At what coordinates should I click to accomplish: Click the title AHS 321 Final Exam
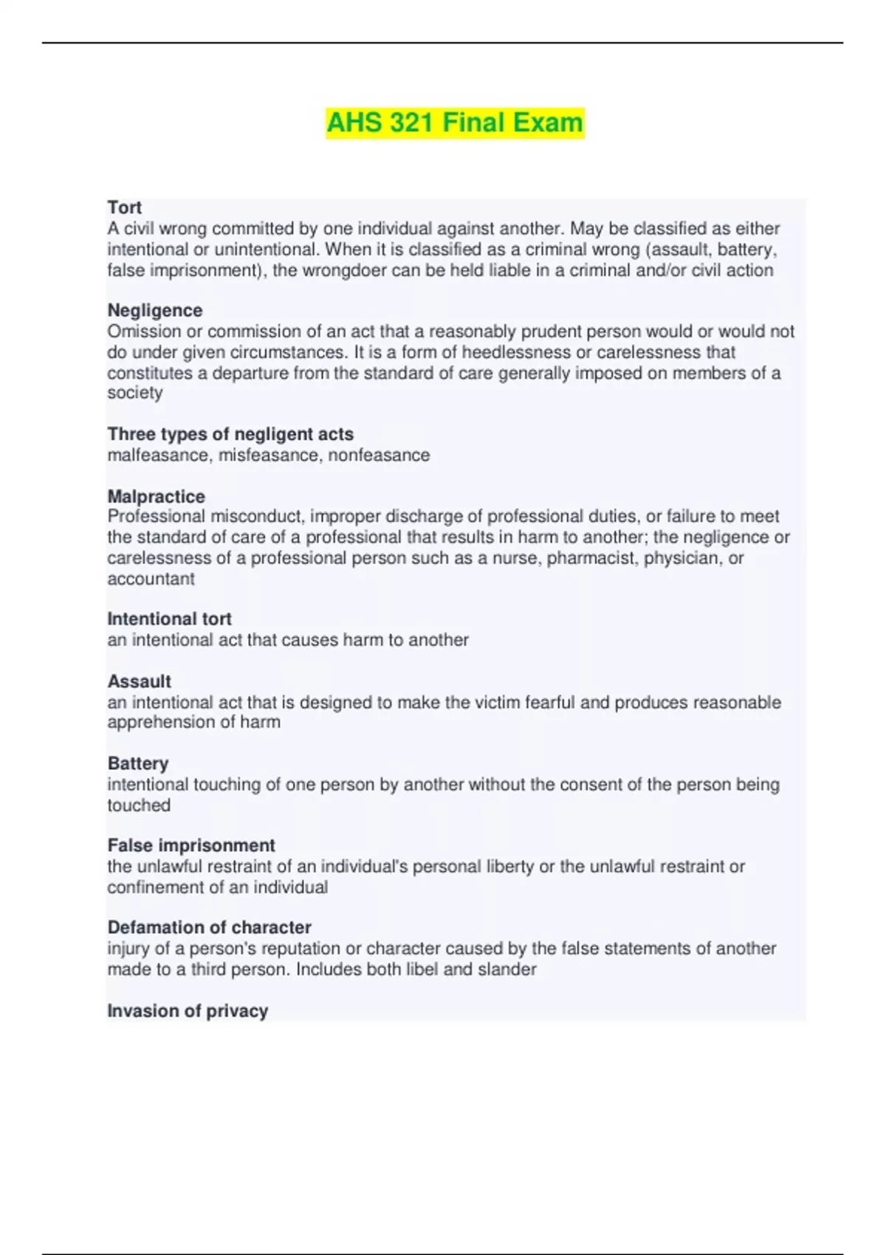[455, 123]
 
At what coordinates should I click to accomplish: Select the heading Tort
[124, 207]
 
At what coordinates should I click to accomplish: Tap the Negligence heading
[155, 310]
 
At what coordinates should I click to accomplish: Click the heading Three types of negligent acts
[230, 434]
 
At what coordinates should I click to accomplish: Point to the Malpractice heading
[157, 496]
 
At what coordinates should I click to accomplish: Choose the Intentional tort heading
[169, 619]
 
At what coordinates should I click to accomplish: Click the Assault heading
[140, 681]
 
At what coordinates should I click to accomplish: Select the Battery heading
[138, 763]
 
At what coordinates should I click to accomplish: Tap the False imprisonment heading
[191, 845]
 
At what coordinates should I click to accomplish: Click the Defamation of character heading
[209, 927]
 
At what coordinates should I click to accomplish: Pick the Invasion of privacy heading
[188, 1011]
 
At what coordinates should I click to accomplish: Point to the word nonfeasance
[379, 455]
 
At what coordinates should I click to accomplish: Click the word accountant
[151, 579]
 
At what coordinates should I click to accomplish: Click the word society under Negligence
[135, 393]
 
